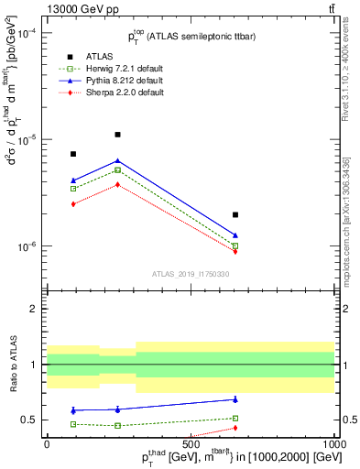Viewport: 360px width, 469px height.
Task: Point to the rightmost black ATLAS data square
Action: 235,215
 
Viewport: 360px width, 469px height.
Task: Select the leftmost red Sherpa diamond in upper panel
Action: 73,203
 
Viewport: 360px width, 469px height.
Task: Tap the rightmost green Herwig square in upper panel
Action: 235,245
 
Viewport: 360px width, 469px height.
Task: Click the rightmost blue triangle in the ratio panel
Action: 235,399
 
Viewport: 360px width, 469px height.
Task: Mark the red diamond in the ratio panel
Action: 235,428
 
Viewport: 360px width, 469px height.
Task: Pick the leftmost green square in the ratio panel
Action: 73,424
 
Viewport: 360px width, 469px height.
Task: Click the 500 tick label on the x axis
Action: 191,444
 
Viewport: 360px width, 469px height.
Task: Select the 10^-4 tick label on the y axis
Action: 26,33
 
